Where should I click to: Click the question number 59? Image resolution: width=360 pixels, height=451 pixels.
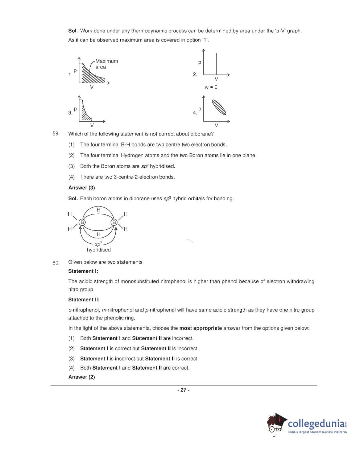[x=56, y=134]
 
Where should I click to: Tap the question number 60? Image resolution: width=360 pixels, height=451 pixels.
[x=56, y=263]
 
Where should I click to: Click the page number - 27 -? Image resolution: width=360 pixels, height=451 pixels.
[x=183, y=390]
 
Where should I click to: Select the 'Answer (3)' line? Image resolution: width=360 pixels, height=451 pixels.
[x=82, y=188]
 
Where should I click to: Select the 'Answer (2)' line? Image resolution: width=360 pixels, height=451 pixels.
[x=82, y=377]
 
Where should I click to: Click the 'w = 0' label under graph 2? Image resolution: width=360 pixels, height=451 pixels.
[x=211, y=87]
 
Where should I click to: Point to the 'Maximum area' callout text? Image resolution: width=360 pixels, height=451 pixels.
[x=106, y=64]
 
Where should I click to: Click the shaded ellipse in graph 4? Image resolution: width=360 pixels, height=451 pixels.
[x=219, y=107]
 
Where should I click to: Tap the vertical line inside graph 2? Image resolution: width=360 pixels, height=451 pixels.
[x=216, y=64]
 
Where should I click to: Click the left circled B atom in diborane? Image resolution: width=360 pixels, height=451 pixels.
[x=82, y=222]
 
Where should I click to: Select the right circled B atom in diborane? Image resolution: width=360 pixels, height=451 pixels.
[x=114, y=222]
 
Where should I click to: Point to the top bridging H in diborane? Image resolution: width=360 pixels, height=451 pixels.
[x=98, y=210]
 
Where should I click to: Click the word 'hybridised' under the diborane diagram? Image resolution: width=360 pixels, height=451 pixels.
[x=99, y=250]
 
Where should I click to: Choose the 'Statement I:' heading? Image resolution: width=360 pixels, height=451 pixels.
[x=83, y=271]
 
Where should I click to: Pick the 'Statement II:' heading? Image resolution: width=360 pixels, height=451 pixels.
[x=84, y=300]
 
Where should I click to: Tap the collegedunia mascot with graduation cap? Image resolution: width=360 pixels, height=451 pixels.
[x=277, y=423]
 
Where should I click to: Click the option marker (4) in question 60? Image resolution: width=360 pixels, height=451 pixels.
[x=71, y=368]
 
